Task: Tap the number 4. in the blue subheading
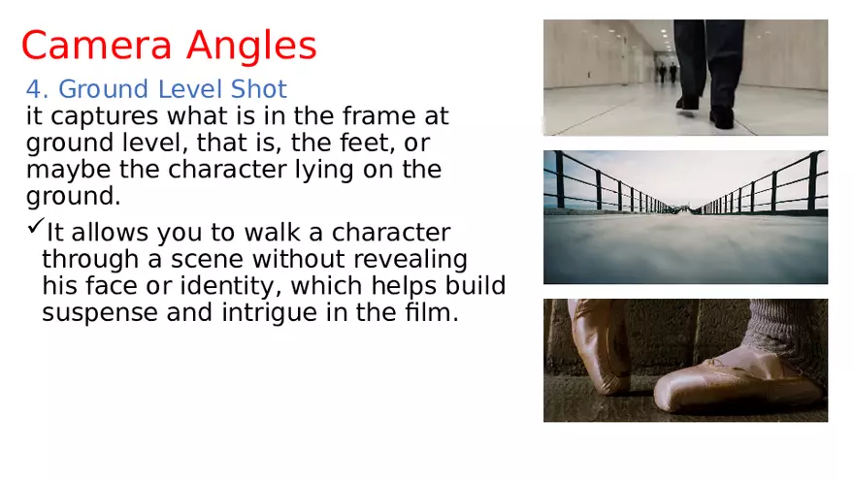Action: pyautogui.click(x=37, y=90)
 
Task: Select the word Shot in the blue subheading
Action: pyautogui.click(x=259, y=90)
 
